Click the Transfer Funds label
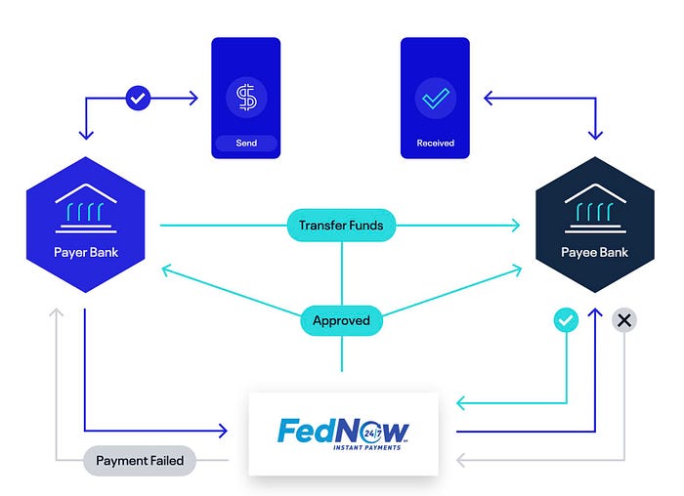tap(341, 226)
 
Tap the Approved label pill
tap(341, 320)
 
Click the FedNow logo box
tap(343, 433)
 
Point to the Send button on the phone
tap(246, 144)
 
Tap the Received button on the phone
tap(436, 144)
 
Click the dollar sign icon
tap(246, 98)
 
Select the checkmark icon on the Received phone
tap(436, 98)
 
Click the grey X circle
tap(624, 319)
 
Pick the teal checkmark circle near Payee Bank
tap(566, 319)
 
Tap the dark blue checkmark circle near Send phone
tap(139, 98)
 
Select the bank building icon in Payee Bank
tap(595, 208)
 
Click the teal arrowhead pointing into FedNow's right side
tap(461, 402)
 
